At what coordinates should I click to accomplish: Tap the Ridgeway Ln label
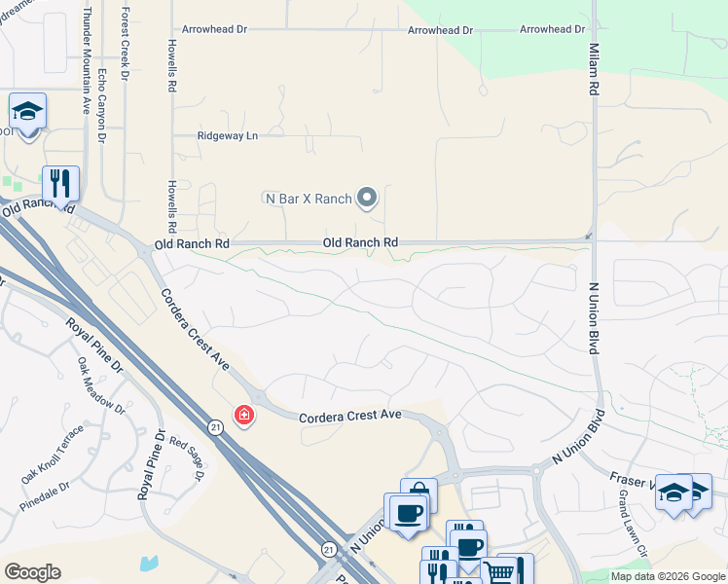click(228, 136)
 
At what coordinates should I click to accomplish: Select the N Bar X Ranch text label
click(308, 199)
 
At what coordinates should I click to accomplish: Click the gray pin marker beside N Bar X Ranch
click(367, 199)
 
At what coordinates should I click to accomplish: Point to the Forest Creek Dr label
click(125, 46)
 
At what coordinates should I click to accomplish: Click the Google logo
click(32, 572)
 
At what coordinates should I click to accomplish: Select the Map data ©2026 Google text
click(668, 576)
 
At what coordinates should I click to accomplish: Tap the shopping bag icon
click(419, 493)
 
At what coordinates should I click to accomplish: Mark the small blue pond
click(148, 563)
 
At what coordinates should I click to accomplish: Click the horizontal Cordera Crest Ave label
click(349, 414)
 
